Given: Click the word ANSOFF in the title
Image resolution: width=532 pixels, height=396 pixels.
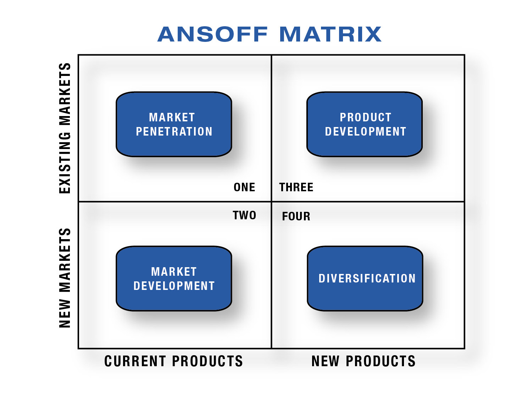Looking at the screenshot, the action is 212,34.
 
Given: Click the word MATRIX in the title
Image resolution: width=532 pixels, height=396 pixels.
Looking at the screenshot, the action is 330,34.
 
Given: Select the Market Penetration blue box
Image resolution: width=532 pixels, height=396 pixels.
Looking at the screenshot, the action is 174,124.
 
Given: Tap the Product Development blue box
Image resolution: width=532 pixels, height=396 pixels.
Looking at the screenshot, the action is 365,124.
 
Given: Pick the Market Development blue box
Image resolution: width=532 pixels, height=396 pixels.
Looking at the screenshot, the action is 174,279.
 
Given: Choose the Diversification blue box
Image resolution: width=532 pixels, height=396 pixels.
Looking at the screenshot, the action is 365,279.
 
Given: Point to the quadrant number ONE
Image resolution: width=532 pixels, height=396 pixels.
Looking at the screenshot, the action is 244,187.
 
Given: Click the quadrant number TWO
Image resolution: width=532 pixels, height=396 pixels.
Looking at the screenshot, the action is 244,215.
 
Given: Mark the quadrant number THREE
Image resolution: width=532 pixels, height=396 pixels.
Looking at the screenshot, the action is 296,187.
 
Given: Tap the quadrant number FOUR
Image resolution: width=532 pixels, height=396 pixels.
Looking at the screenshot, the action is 296,216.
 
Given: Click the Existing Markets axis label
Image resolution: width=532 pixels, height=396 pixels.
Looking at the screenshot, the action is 65,128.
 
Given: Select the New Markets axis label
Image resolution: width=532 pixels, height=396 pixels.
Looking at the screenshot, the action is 65,278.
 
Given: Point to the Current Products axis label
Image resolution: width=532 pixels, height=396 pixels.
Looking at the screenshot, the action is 174,361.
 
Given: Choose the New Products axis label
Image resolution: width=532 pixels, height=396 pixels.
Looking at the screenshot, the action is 364,361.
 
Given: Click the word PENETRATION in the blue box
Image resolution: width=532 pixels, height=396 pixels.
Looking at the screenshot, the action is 174,132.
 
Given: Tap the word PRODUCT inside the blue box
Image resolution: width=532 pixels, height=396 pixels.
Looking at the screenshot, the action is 366,117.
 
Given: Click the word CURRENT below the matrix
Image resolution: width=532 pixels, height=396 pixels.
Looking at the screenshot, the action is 135,361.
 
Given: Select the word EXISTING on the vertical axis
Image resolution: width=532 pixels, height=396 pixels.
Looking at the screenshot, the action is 65,163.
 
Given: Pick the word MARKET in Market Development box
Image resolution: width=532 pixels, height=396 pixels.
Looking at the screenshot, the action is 174,272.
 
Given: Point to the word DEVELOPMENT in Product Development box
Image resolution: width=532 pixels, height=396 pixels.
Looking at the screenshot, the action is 366,132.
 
